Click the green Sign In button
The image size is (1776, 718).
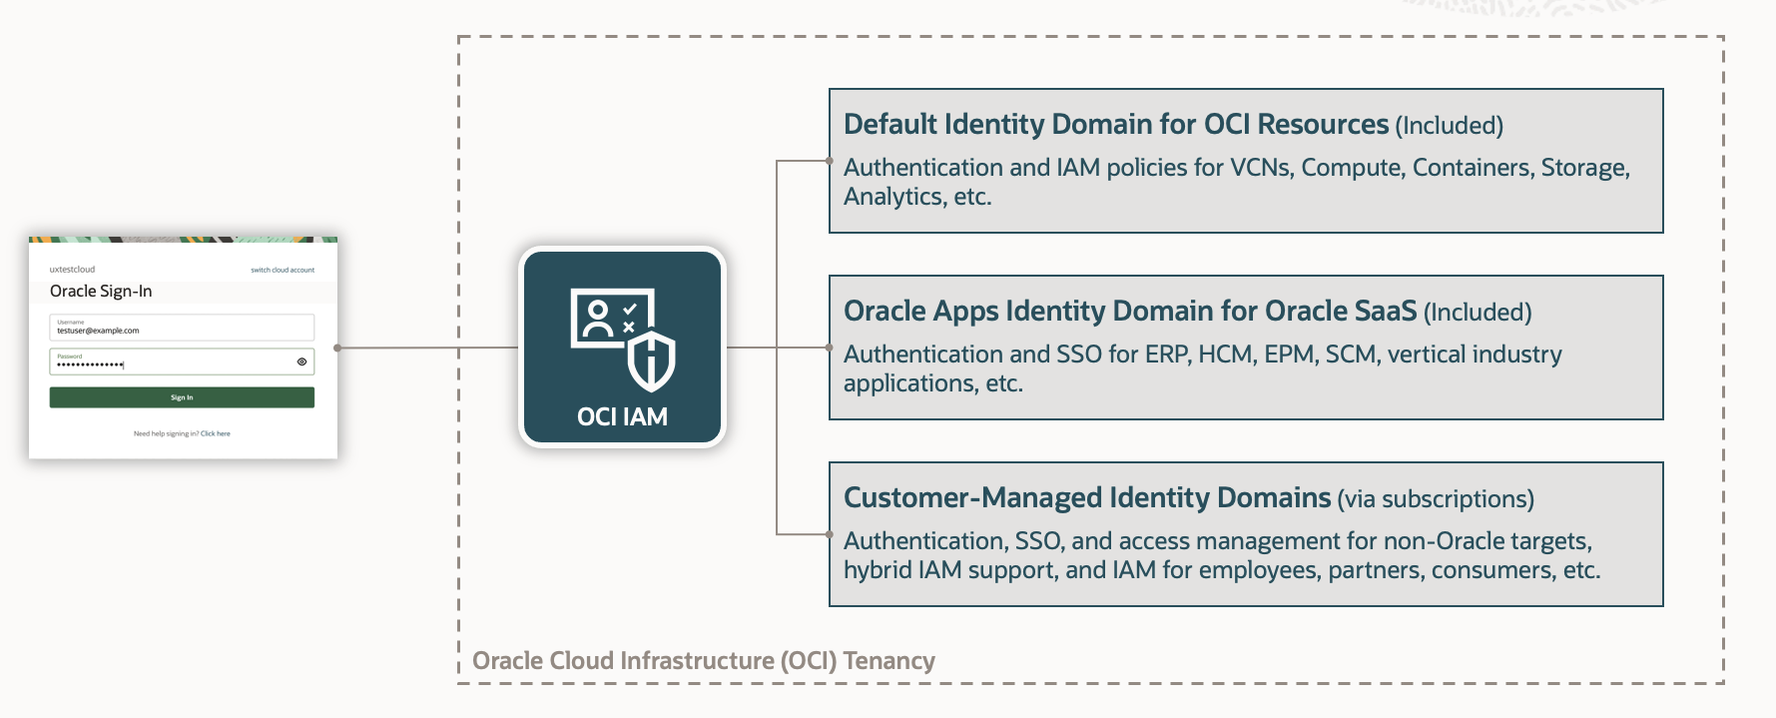point(182,397)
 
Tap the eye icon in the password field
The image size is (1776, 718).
point(301,361)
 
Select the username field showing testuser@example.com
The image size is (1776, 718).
point(182,328)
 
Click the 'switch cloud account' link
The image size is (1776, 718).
point(283,270)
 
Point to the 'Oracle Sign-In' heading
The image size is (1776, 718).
point(101,291)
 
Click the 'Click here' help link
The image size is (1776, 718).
point(216,433)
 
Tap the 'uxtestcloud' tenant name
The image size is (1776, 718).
point(73,270)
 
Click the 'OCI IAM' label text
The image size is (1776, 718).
point(622,416)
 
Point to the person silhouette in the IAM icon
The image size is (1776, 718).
point(597,319)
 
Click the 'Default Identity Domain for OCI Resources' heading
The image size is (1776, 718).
point(1115,124)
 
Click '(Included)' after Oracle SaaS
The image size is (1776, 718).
point(1478,313)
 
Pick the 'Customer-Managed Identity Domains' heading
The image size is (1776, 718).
point(1086,497)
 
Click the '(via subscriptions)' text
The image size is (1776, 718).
point(1436,499)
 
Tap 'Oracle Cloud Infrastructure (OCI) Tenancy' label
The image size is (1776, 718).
point(703,660)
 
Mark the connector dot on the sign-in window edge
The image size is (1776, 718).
point(337,348)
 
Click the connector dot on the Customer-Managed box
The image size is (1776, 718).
point(830,534)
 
